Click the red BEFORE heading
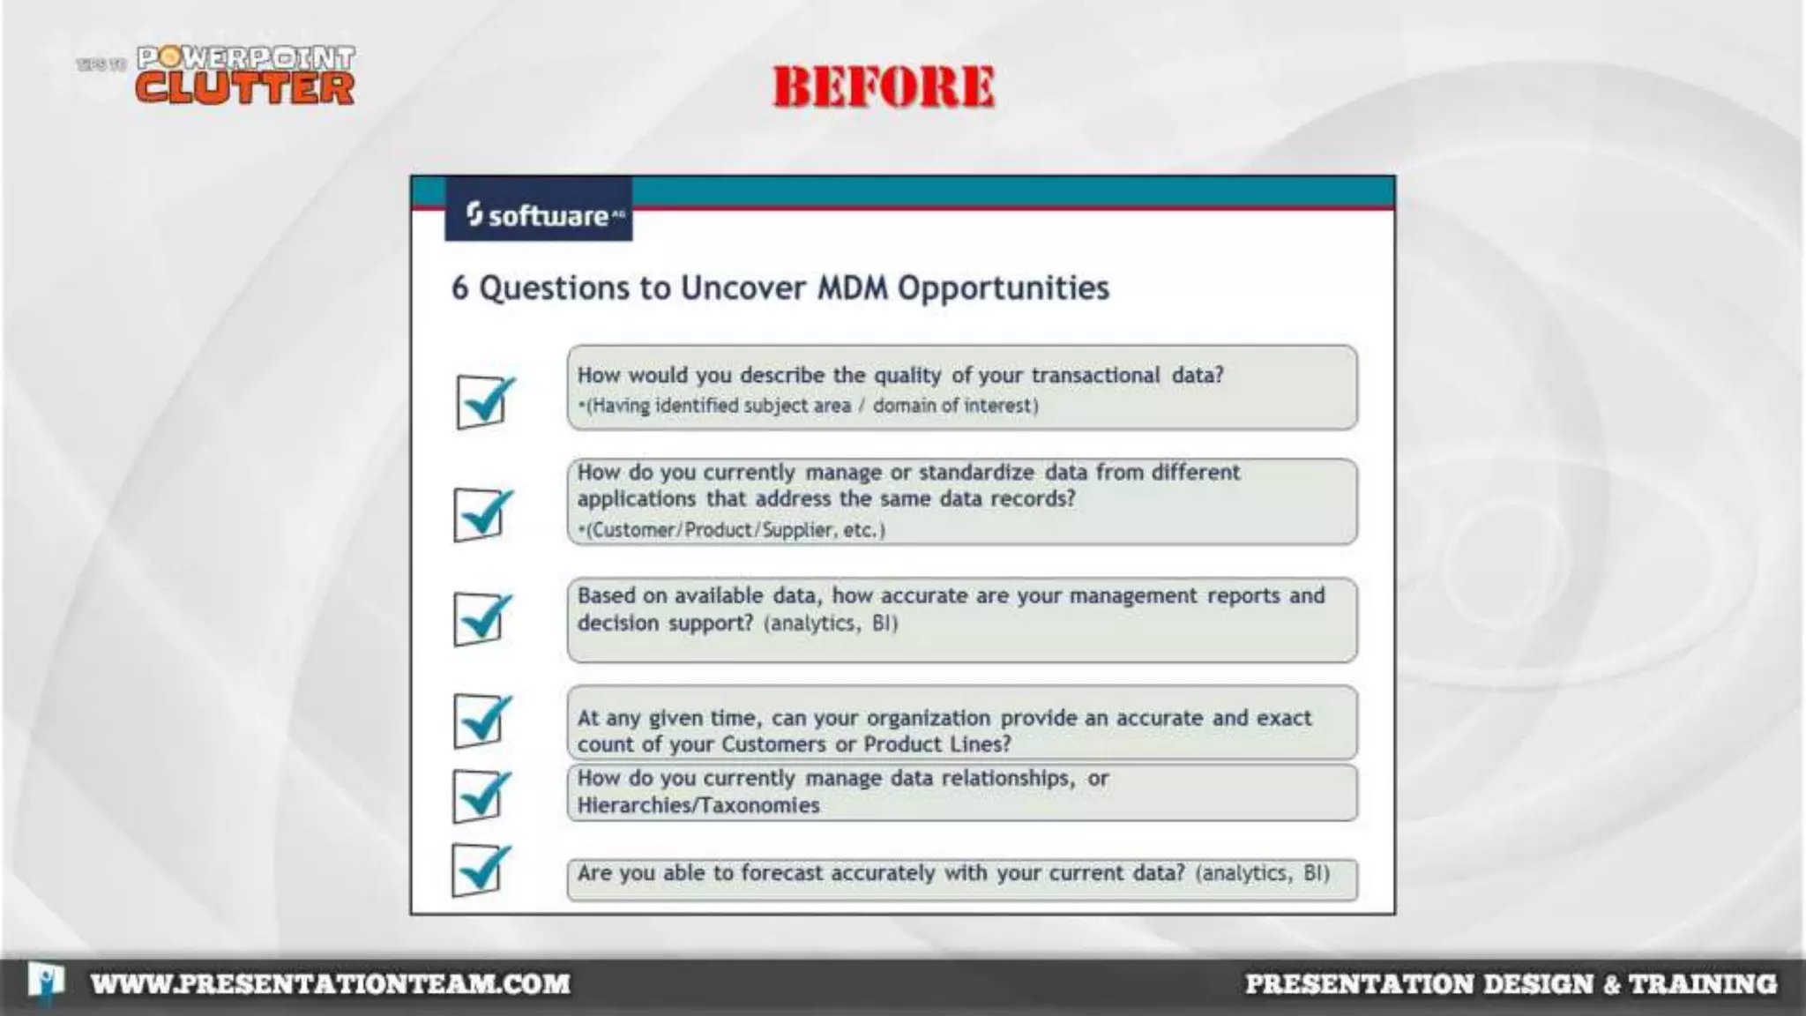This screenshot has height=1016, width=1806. coord(884,86)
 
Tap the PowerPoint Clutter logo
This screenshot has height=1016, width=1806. coord(244,76)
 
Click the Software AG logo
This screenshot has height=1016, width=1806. coord(539,214)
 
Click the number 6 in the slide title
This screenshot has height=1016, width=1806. coord(459,288)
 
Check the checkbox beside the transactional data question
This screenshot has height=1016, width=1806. coord(481,401)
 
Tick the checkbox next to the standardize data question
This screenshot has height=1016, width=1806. coord(480,514)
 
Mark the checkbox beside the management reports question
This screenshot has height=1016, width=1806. coord(480,618)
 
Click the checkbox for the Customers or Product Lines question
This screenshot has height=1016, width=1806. coord(480,721)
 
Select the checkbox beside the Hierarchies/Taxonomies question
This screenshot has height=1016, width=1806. coord(480,796)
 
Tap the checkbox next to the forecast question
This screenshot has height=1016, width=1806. coord(479,870)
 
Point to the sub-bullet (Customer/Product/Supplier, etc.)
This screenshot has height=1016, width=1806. coord(732,530)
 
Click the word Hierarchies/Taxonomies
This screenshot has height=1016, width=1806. coord(698,805)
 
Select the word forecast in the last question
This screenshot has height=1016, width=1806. coord(782,873)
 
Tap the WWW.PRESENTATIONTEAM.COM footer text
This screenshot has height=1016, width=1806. coord(331,983)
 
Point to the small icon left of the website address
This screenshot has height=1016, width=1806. coord(45,982)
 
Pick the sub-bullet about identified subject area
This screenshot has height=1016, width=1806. coord(809,406)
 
